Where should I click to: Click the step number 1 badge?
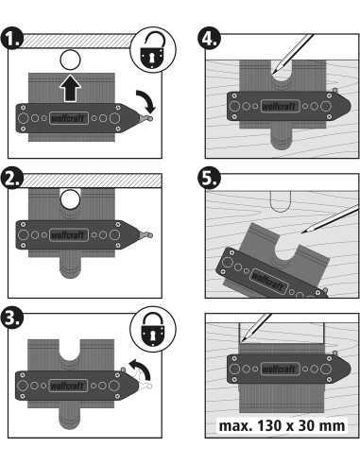[x=12, y=41]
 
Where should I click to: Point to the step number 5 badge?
[x=210, y=179]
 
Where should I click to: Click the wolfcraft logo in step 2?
[x=67, y=232]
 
